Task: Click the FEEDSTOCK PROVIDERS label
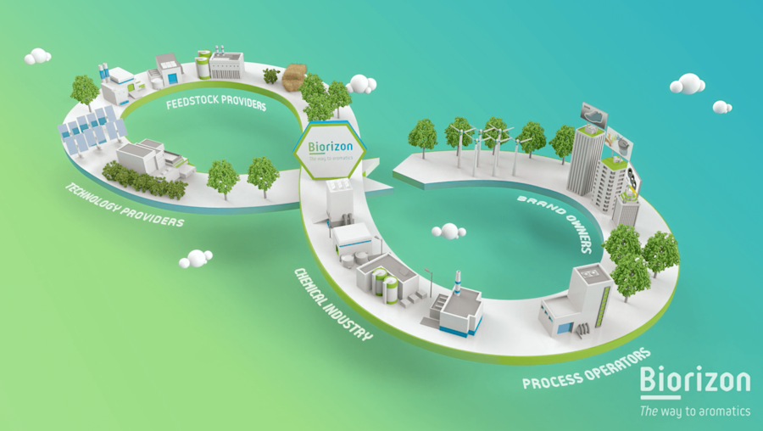(x=216, y=105)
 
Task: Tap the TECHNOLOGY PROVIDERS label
(x=124, y=204)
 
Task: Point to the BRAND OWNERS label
(x=554, y=223)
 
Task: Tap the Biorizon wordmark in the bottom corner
(x=694, y=379)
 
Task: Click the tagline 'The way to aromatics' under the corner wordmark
(x=694, y=411)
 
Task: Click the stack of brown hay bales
(x=294, y=76)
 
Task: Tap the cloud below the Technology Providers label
(x=196, y=258)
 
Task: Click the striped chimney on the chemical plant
(x=459, y=282)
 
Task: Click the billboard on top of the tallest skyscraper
(x=593, y=113)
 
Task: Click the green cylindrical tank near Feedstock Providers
(x=203, y=64)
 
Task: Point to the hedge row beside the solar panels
(x=143, y=179)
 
